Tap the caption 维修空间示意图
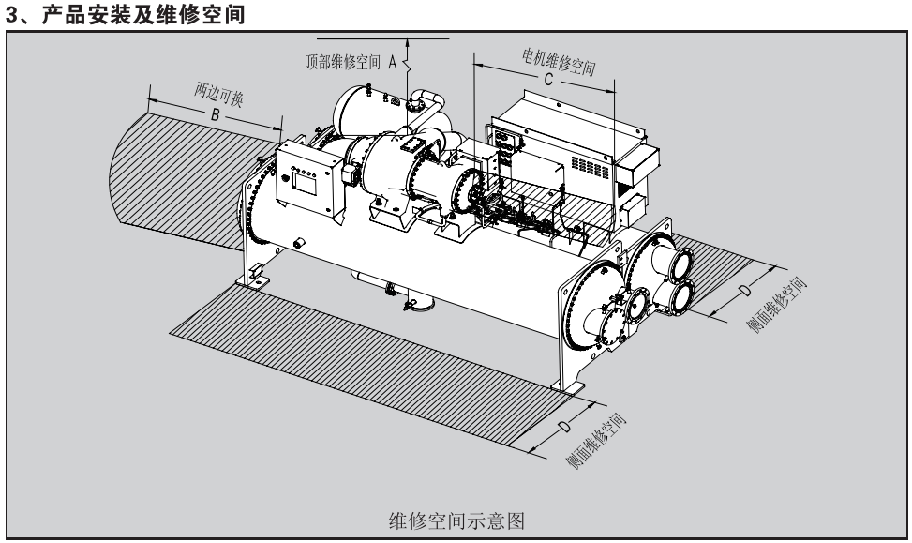[461, 519]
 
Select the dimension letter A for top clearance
[393, 64]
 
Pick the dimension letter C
[547, 82]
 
